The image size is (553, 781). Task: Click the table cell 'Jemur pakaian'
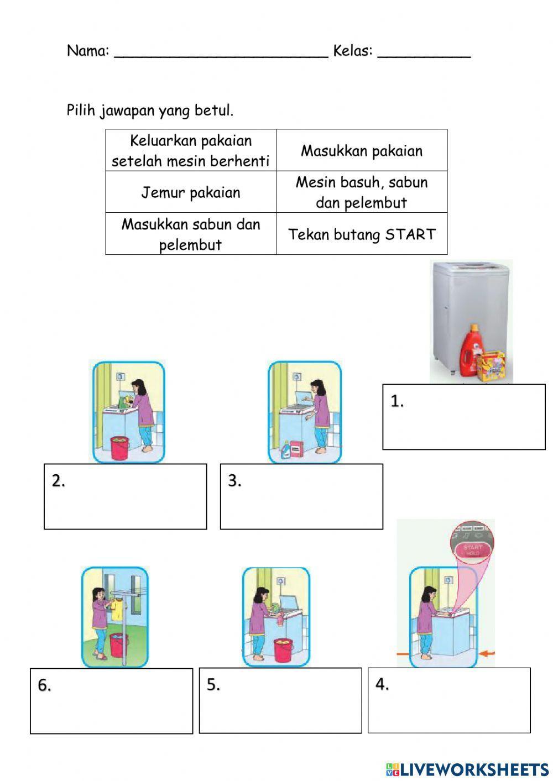click(x=191, y=192)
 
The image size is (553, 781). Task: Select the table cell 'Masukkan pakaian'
click(x=362, y=151)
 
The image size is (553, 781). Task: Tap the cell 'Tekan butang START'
click(x=362, y=234)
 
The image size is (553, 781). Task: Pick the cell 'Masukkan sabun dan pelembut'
click(x=191, y=234)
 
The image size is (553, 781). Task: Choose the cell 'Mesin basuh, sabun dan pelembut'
click(x=362, y=192)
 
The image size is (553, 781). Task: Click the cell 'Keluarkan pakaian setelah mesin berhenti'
click(x=191, y=151)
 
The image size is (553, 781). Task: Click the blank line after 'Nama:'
click(x=221, y=53)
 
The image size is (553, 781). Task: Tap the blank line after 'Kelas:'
click(x=424, y=53)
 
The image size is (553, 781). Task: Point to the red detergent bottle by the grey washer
click(x=470, y=351)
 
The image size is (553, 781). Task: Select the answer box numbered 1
click(x=463, y=417)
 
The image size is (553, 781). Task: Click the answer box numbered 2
click(x=126, y=496)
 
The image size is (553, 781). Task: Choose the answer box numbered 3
click(x=301, y=496)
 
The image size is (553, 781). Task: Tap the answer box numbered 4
click(x=449, y=700)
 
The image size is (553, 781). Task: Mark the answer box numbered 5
click(x=280, y=701)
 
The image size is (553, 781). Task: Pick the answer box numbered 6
click(x=111, y=701)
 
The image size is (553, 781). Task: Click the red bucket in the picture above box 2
click(x=120, y=448)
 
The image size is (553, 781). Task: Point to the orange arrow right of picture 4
click(x=487, y=654)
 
